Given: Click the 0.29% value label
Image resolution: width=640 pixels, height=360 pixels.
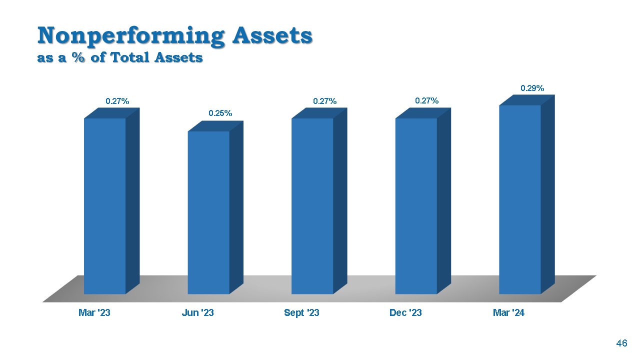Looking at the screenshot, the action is pyautogui.click(x=532, y=88).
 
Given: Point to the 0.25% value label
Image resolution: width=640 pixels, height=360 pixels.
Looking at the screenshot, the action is pyautogui.click(x=220, y=113).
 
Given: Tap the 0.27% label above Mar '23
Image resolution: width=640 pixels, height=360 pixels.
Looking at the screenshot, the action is pyautogui.click(x=117, y=101).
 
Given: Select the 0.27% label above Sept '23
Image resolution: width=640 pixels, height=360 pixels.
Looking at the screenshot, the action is pyautogui.click(x=324, y=101).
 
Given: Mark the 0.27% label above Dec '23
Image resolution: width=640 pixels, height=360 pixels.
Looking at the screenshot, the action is pyautogui.click(x=426, y=100).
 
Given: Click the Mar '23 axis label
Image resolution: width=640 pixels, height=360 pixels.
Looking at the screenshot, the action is pyautogui.click(x=94, y=312).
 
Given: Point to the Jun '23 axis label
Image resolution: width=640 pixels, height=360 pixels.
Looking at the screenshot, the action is pyautogui.click(x=197, y=312).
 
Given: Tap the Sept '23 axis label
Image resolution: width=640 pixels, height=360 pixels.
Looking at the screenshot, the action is pyautogui.click(x=301, y=313).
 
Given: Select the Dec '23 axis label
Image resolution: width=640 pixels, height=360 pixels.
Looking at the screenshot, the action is pyautogui.click(x=405, y=312).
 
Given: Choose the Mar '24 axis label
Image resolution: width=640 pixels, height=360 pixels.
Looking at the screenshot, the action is pyautogui.click(x=508, y=312).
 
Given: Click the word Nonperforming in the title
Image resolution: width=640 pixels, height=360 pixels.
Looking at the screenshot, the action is pyautogui.click(x=131, y=36).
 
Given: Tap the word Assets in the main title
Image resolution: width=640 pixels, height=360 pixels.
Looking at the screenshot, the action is pyautogui.click(x=272, y=35).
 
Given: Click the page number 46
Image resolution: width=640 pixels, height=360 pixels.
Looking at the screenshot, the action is pyautogui.click(x=621, y=343).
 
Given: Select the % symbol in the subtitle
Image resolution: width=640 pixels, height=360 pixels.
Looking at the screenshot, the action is pyautogui.click(x=78, y=57).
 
